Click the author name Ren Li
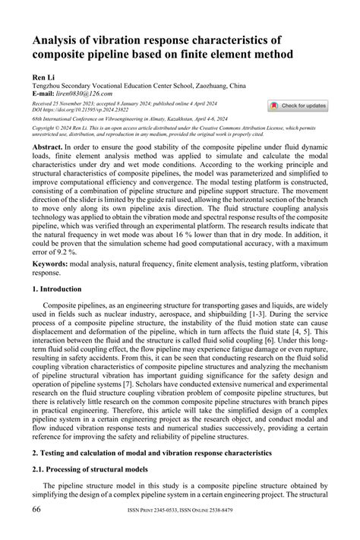43,77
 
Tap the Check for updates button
298,106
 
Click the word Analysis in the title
60,41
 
